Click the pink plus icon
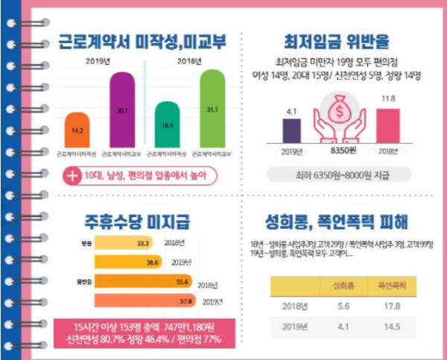[x=72, y=176]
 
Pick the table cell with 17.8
[x=386, y=306]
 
